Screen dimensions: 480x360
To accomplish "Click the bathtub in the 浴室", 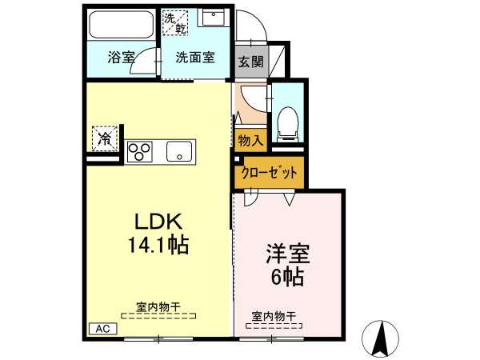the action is pyautogui.click(x=122, y=24).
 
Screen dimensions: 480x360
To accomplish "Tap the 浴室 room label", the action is pyautogui.click(x=121, y=58).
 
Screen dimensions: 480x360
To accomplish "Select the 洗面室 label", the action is pyautogui.click(x=195, y=58).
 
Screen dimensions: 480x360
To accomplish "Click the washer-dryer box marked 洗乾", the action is pyautogui.click(x=174, y=22).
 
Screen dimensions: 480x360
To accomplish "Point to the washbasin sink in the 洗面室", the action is pyautogui.click(x=212, y=18).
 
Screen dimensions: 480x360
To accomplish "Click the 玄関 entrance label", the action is pyautogui.click(x=251, y=62).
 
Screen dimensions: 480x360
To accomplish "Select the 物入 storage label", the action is pyautogui.click(x=250, y=141).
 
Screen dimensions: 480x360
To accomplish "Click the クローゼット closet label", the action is pyautogui.click(x=269, y=173).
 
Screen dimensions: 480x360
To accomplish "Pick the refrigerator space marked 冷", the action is pyautogui.click(x=105, y=139).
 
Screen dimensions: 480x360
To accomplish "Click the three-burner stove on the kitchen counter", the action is pyautogui.click(x=140, y=152).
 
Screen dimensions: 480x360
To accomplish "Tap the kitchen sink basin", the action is pyautogui.click(x=179, y=151).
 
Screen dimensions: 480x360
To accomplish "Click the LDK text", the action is pyautogui.click(x=158, y=222).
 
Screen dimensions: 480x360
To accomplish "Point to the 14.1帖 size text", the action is pyautogui.click(x=158, y=245).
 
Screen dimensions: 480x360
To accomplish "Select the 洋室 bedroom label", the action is pyautogui.click(x=287, y=254).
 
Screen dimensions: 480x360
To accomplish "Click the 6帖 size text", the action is pyautogui.click(x=287, y=277).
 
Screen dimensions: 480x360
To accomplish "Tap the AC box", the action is pyautogui.click(x=103, y=329).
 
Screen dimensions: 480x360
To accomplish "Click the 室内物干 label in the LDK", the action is pyautogui.click(x=158, y=307).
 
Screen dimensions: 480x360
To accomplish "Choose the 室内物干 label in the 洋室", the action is pyautogui.click(x=274, y=316).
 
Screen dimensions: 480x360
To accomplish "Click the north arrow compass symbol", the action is pyautogui.click(x=380, y=338).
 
